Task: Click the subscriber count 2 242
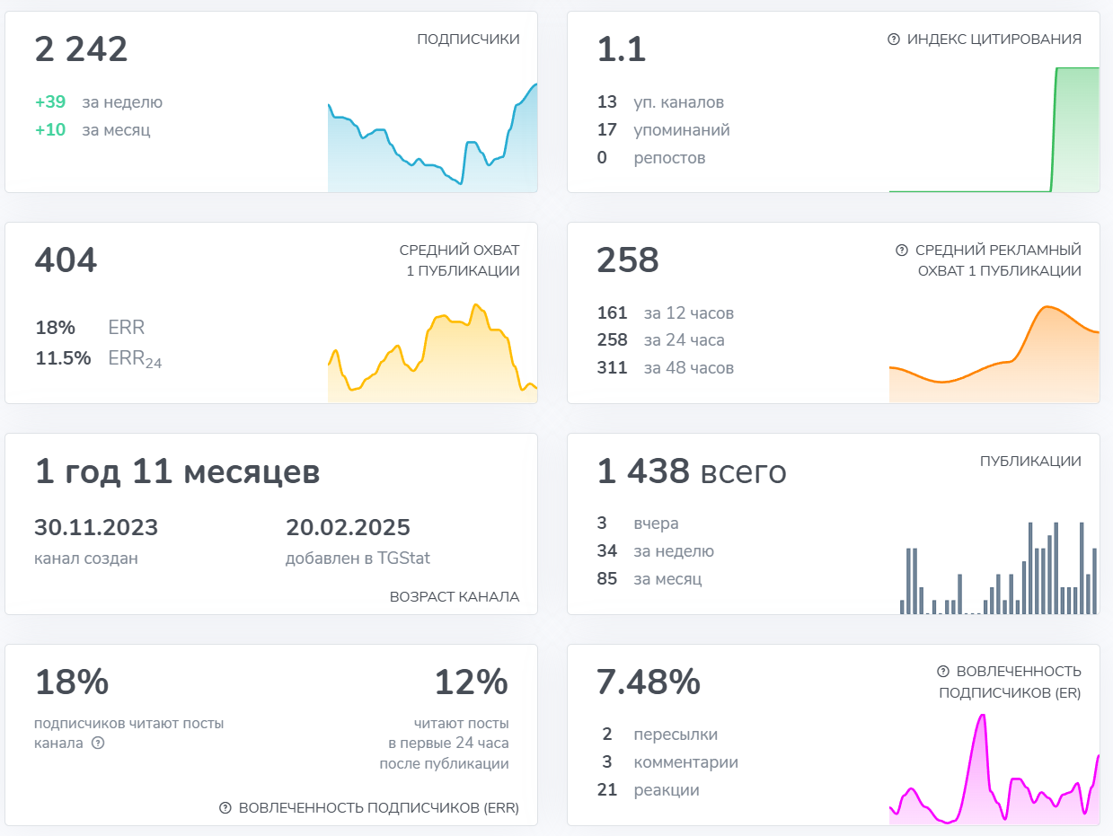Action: [x=81, y=50]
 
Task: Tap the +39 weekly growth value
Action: [x=50, y=102]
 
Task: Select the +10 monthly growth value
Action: [x=50, y=130]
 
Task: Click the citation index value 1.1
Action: [x=622, y=50]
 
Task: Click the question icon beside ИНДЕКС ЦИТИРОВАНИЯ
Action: [x=893, y=40]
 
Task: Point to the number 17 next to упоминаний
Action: [x=607, y=130]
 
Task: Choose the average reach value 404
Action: [x=66, y=261]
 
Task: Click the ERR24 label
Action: [x=135, y=359]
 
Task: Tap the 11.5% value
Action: [x=63, y=358]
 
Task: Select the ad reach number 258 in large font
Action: [x=628, y=261]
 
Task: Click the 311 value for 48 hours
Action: [x=612, y=368]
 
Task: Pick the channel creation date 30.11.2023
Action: [x=96, y=528]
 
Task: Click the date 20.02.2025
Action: [x=348, y=528]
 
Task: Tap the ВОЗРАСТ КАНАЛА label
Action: [x=454, y=597]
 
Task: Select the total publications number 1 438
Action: [x=643, y=472]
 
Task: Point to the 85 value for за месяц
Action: [x=607, y=579]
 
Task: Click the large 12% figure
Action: [x=471, y=683]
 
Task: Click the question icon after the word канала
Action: [x=98, y=744]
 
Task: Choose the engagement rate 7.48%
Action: [x=649, y=683]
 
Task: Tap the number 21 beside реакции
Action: [x=607, y=790]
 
